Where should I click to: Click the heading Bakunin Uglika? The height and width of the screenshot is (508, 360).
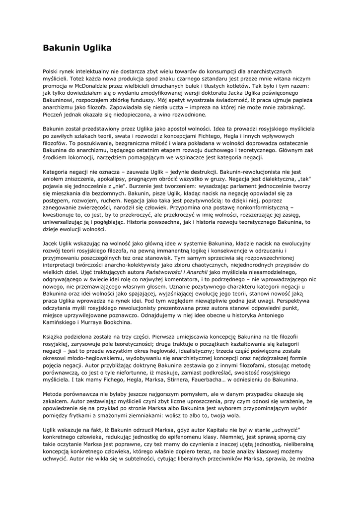coord(76,48)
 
